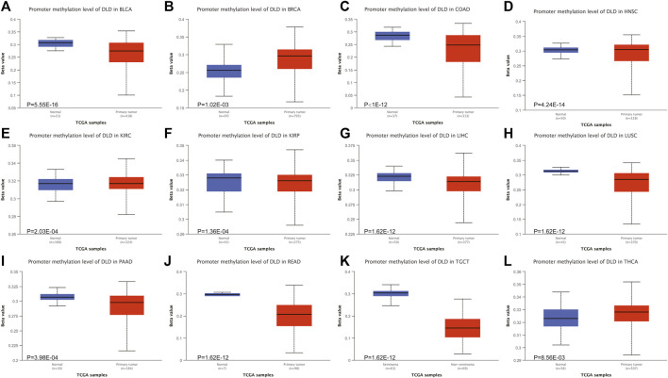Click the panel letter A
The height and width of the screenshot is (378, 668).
(x=8, y=8)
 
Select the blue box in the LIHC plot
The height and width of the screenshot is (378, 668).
(x=393, y=176)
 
